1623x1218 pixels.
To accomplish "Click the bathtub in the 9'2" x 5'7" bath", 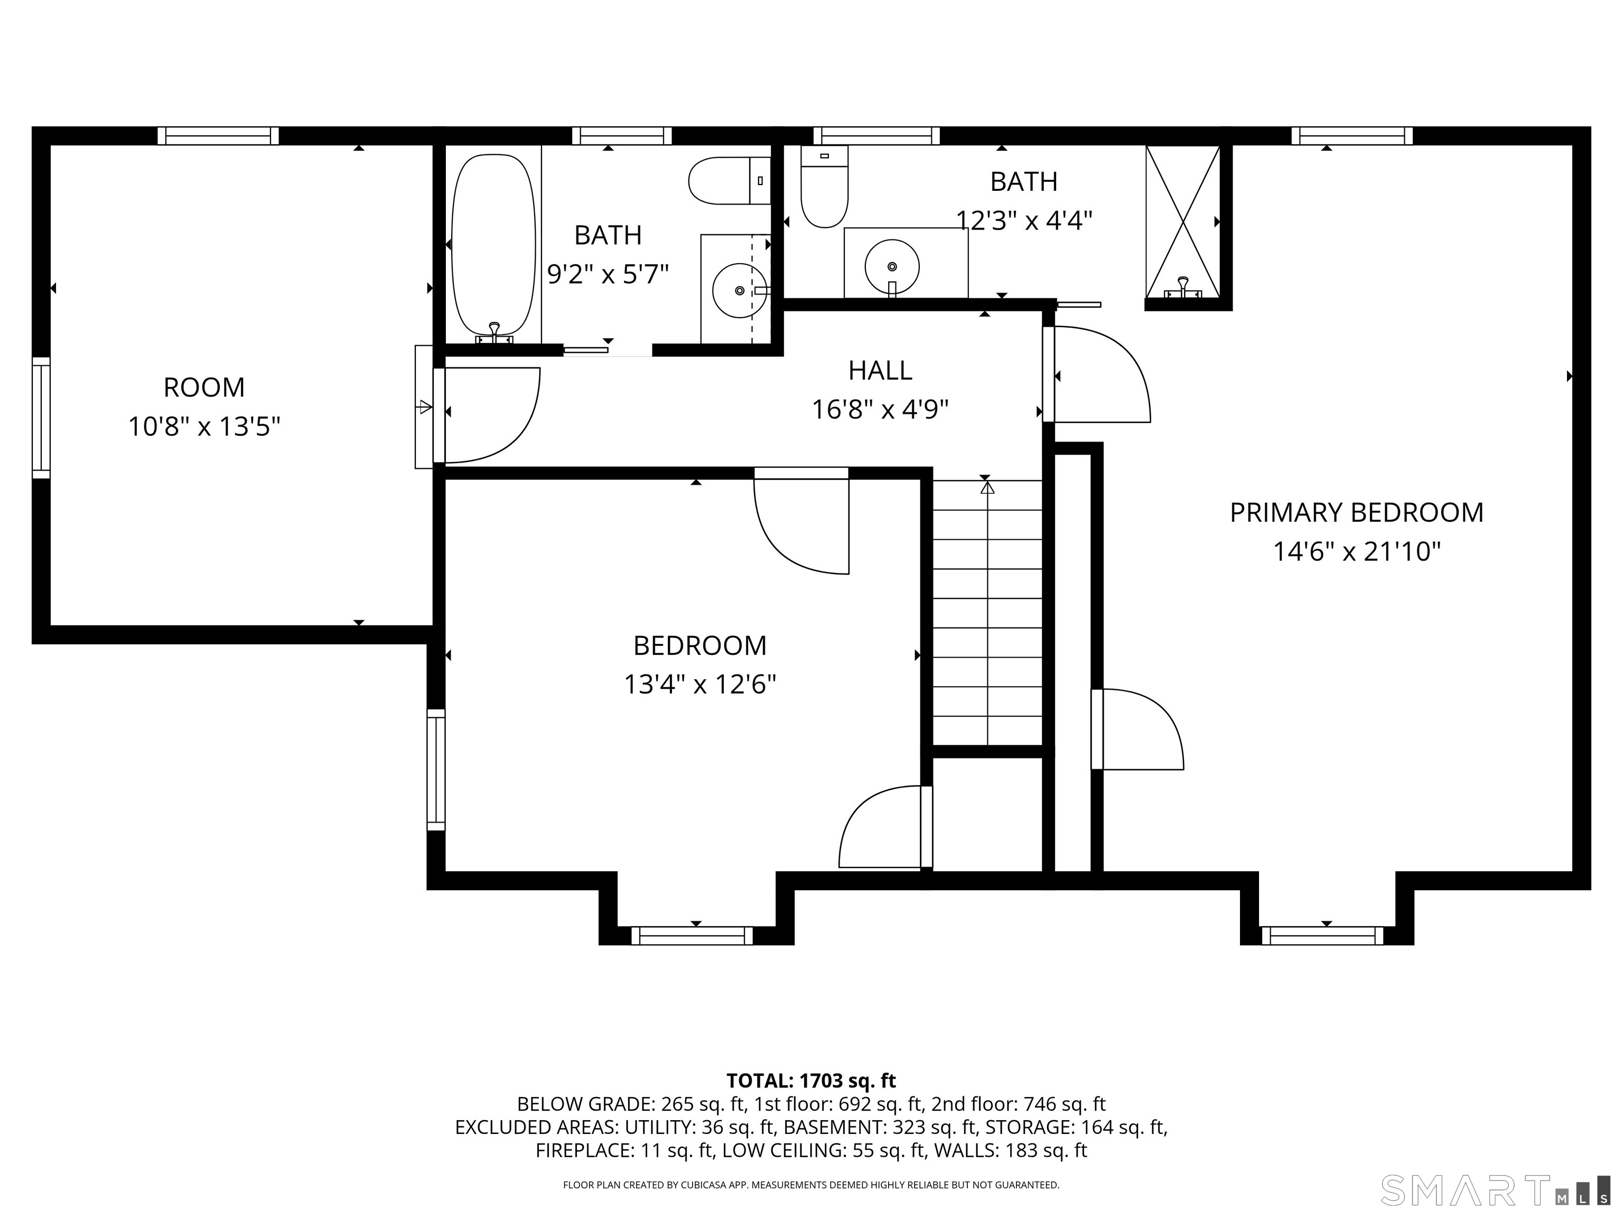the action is pyautogui.click(x=493, y=245).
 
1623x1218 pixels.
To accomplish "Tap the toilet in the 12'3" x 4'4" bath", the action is pyautogui.click(x=824, y=187).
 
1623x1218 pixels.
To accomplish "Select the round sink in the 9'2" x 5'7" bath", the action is pyautogui.click(x=739, y=291).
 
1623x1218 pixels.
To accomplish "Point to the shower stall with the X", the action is pyautogui.click(x=1183, y=222).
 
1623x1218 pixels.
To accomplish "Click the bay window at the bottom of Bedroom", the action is pyautogui.click(x=692, y=935).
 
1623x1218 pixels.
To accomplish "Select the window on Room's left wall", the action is pyautogui.click(x=41, y=418).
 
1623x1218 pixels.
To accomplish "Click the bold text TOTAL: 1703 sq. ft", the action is pyautogui.click(x=811, y=1081).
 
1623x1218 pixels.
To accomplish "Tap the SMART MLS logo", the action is pyautogui.click(x=1495, y=1190).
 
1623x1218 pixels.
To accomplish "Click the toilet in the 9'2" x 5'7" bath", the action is pyautogui.click(x=729, y=181).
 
